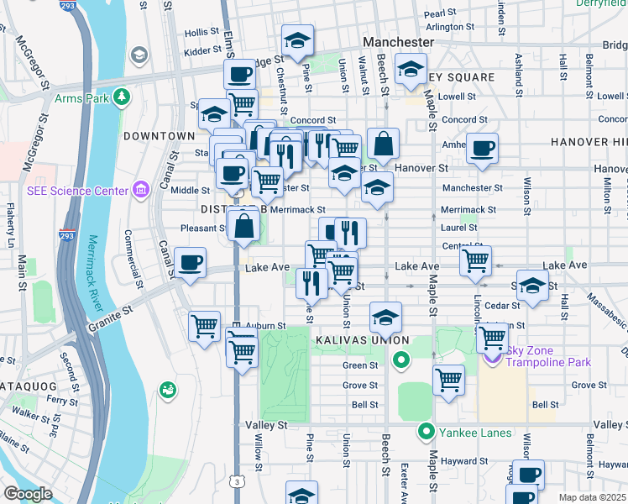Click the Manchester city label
click(398, 42)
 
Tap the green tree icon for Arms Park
click(123, 98)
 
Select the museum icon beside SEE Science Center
click(139, 191)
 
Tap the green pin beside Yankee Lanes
click(427, 433)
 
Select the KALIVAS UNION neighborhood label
click(362, 340)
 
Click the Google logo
click(28, 494)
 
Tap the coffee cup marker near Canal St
click(191, 263)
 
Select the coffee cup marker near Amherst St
click(482, 149)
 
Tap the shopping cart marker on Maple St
click(448, 379)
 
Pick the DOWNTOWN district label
click(159, 136)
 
